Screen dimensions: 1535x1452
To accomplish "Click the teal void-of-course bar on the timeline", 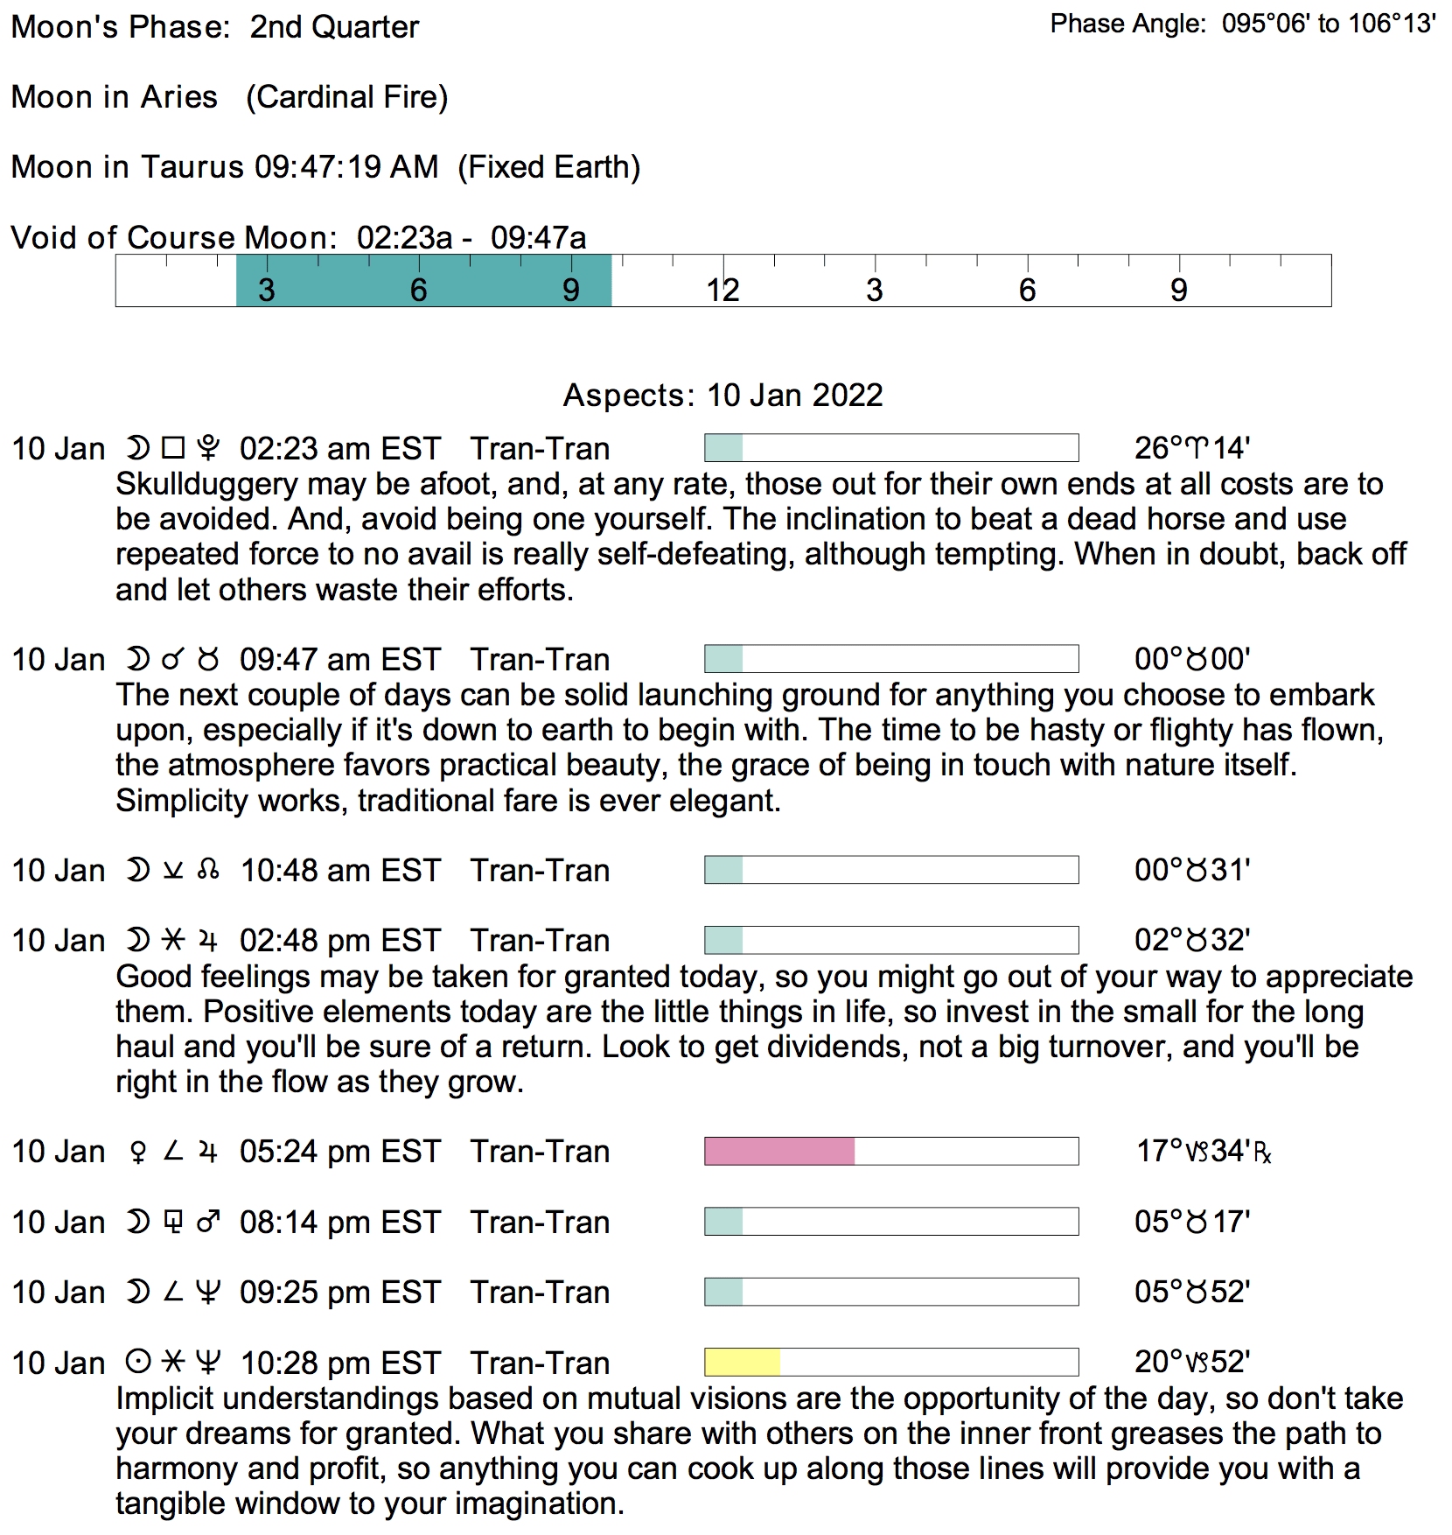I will point(423,281).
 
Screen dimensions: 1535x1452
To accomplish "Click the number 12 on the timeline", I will point(723,290).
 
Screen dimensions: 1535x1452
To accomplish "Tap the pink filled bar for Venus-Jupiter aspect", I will point(779,1151).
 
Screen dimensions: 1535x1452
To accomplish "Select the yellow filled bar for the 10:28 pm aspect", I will point(742,1362).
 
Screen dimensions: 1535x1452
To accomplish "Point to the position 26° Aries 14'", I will point(1191,448).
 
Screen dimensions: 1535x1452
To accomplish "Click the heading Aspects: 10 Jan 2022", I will point(723,396).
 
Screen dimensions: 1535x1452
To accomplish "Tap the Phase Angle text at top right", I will point(1242,24).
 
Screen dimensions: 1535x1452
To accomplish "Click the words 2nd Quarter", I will point(334,27).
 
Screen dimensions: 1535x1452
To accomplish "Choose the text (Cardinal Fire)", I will point(346,97).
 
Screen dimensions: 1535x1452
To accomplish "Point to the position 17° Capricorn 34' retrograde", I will point(1203,1151).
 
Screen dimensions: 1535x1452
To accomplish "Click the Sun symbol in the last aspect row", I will point(137,1362).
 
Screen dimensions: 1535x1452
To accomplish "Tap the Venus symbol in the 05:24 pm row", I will point(137,1152).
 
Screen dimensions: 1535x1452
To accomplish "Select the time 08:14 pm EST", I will point(339,1222).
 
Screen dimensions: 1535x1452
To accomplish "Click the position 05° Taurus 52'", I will point(1191,1292).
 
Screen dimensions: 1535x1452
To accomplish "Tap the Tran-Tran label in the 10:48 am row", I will point(540,871).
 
